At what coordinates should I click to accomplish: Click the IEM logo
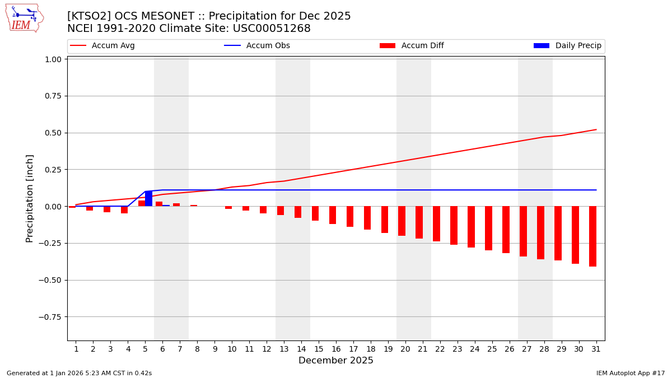click(24, 18)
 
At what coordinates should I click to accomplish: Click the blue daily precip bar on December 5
click(148, 199)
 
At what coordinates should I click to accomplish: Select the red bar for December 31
click(592, 236)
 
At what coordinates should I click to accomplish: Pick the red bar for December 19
click(385, 220)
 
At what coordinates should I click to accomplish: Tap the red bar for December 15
click(315, 213)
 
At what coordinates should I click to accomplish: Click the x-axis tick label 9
click(214, 349)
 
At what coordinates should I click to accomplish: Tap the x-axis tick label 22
click(440, 349)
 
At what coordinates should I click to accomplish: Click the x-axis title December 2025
click(335, 361)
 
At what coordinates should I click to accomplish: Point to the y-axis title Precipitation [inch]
click(30, 198)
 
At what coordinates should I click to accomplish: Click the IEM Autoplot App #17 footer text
click(630, 373)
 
